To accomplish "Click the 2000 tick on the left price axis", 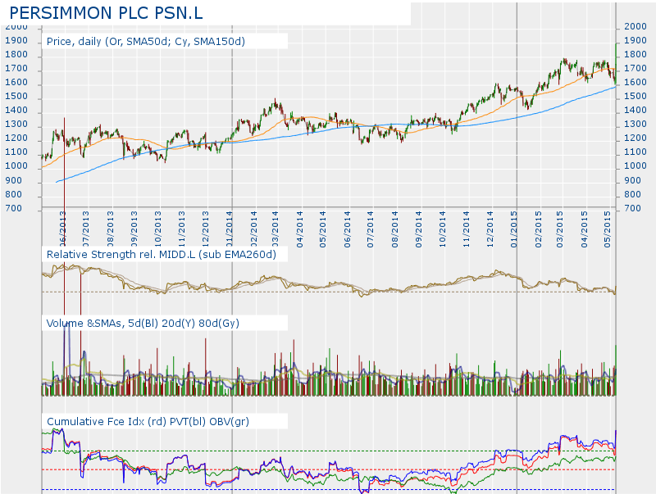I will pyautogui.click(x=16, y=27).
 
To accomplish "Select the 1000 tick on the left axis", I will pyautogui.click(x=16, y=167).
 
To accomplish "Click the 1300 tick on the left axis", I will pyautogui.click(x=16, y=125).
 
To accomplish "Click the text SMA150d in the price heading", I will pyautogui.click(x=220, y=41).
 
